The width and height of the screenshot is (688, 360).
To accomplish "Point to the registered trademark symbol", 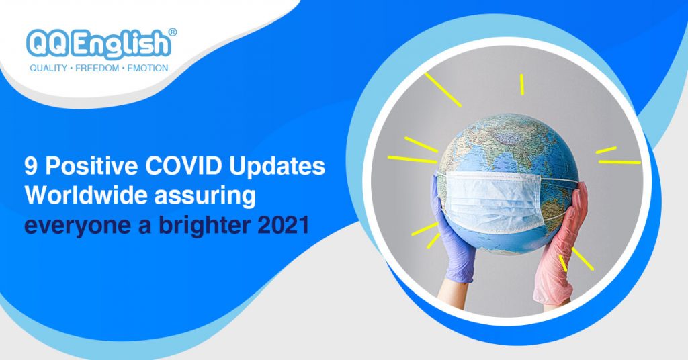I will pyautogui.click(x=173, y=32).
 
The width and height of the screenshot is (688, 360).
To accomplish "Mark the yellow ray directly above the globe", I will pyautogui.click(x=521, y=84).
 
